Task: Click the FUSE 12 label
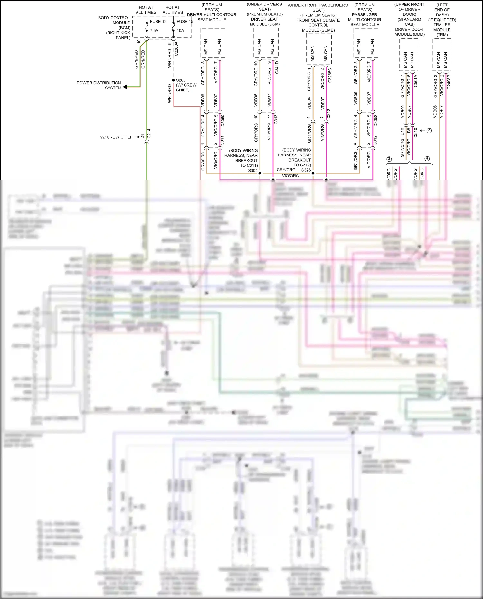(x=158, y=22)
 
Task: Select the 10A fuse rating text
(x=180, y=31)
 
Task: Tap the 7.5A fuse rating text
(x=154, y=31)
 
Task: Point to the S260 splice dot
(x=174, y=80)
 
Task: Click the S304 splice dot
(x=260, y=173)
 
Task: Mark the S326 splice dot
(x=313, y=173)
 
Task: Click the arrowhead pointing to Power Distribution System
(x=125, y=87)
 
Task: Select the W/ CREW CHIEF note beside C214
(x=116, y=137)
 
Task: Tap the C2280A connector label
(x=176, y=49)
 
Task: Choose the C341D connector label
(x=277, y=68)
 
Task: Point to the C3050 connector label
(x=223, y=120)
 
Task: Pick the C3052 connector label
(x=375, y=120)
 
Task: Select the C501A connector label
(x=415, y=81)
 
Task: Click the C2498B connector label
(x=449, y=82)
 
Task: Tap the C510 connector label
(x=415, y=133)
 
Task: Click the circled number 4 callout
(x=427, y=159)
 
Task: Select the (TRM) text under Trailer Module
(x=442, y=35)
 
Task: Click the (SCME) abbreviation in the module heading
(x=327, y=30)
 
